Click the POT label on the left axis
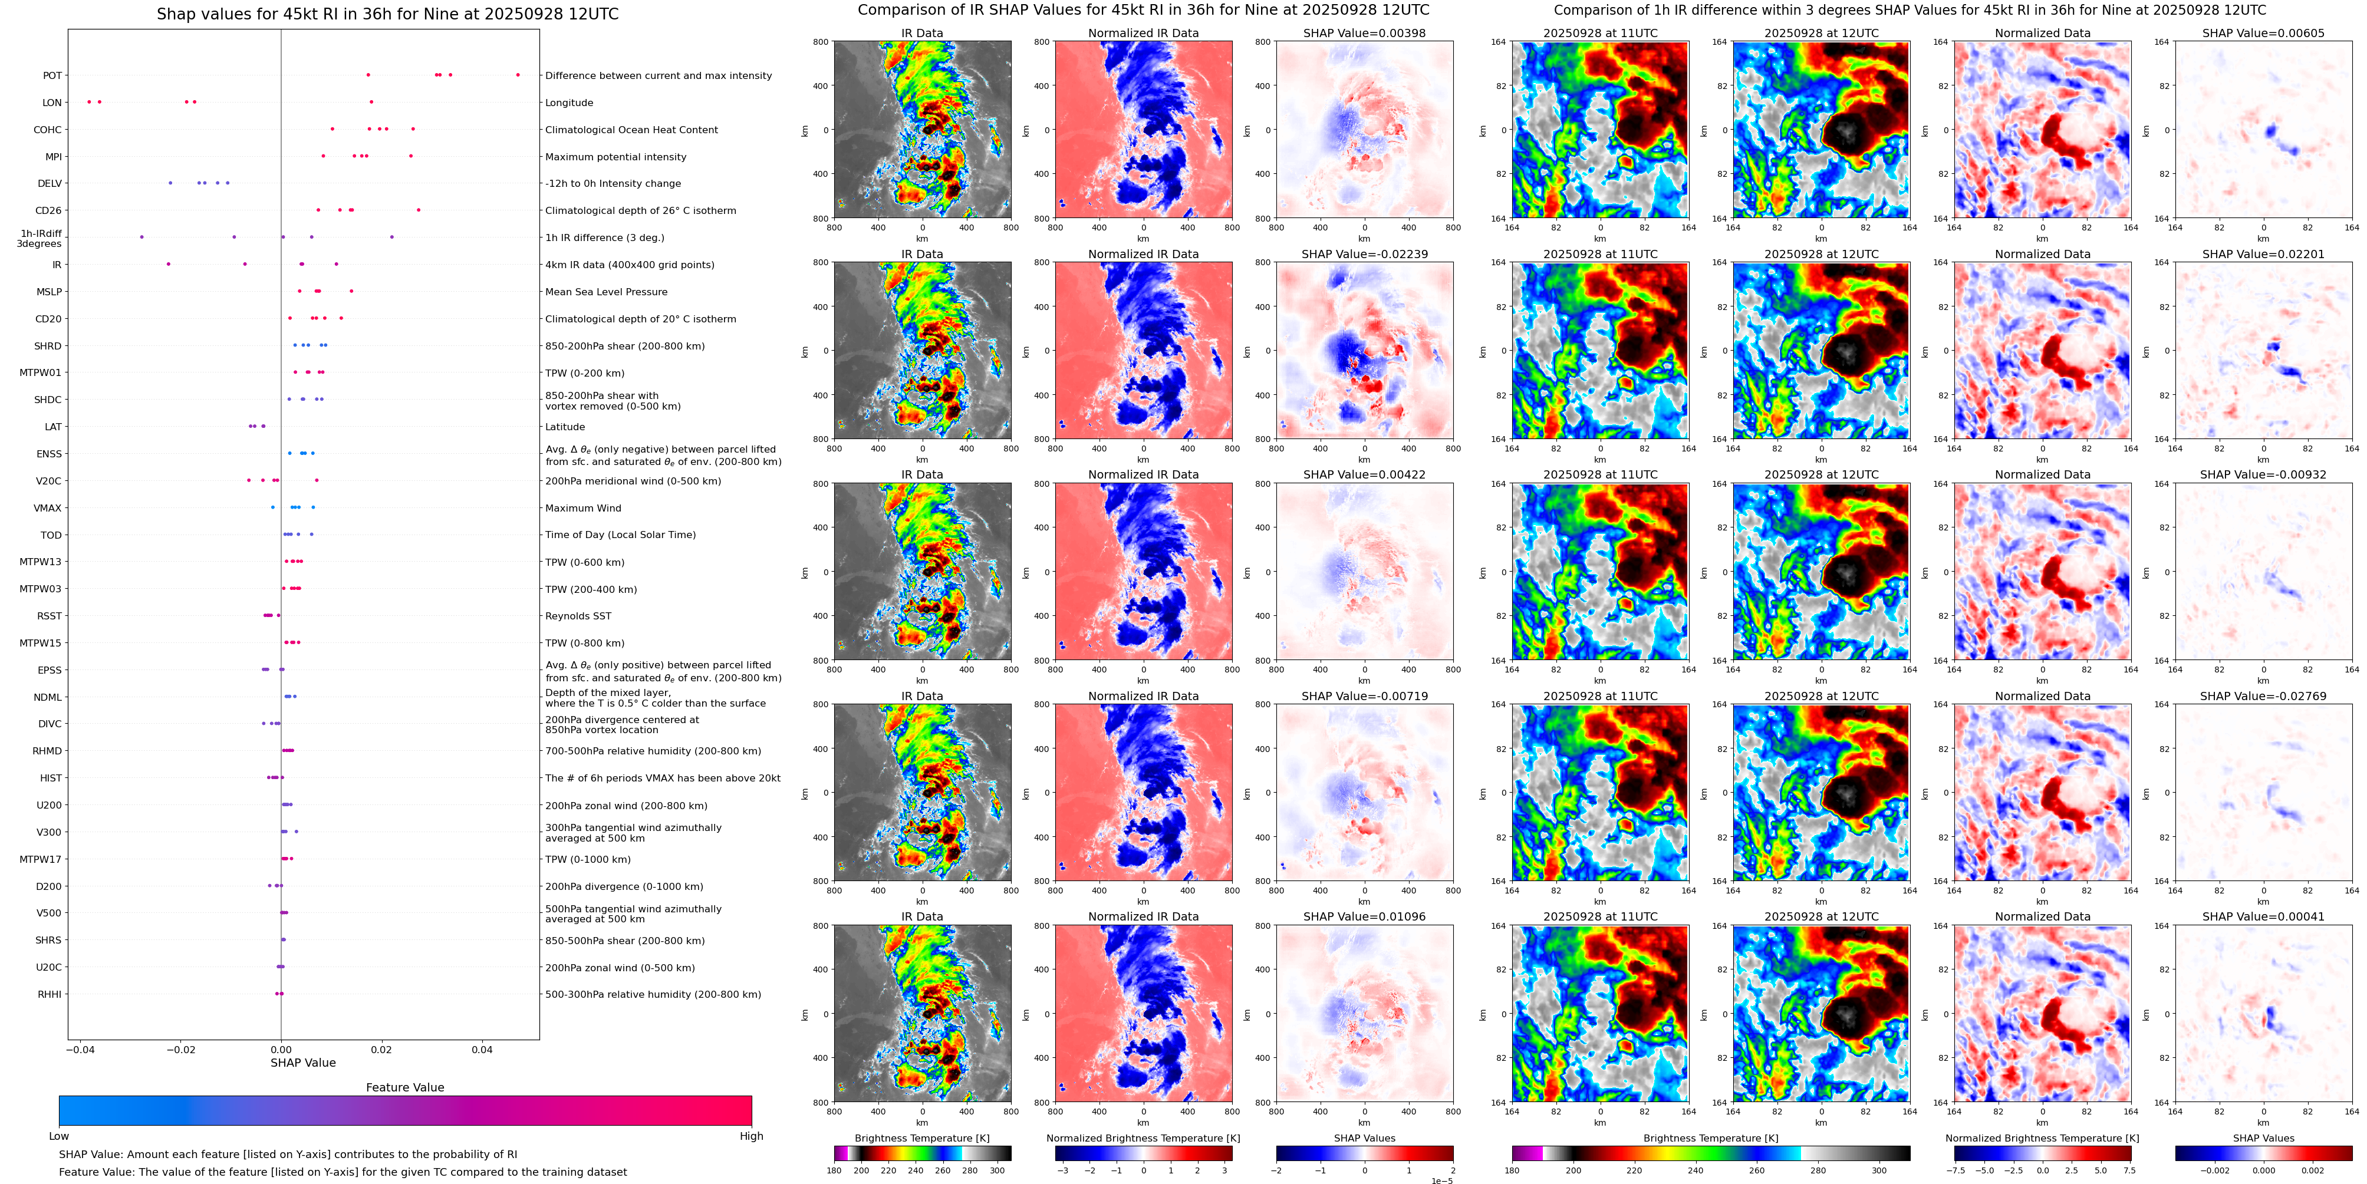pos(52,75)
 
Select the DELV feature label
pos(50,184)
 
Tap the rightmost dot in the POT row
pos(518,74)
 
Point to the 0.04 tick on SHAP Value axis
pos(482,1049)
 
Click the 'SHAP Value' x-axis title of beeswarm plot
pos(302,1063)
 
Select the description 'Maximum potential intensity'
pos(615,157)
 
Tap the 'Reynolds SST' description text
pos(578,616)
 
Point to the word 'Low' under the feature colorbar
pos(59,1136)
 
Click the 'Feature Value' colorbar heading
pos(404,1087)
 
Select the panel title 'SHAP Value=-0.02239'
pos(1365,255)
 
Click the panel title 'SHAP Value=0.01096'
pos(1365,916)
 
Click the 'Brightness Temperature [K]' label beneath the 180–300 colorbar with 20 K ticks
pos(921,1138)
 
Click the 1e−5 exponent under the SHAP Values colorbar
pos(1441,1180)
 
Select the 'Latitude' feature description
pos(565,427)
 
